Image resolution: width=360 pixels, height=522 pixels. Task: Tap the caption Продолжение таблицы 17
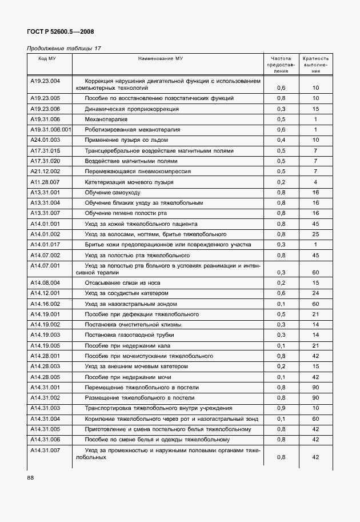click(64, 49)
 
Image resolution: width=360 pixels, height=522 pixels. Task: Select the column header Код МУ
click(47, 58)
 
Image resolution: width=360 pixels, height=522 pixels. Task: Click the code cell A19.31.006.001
click(50, 130)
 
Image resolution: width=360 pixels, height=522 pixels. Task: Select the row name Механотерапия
click(106, 119)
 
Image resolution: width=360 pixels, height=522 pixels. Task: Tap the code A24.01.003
click(45, 140)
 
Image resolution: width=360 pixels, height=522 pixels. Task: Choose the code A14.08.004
click(45, 282)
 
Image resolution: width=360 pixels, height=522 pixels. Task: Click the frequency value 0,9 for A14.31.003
click(281, 408)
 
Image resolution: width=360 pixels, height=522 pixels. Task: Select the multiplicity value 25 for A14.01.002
click(315, 234)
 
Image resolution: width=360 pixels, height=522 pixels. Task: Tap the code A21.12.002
click(45, 172)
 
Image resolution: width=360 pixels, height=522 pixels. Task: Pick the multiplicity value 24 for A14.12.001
click(315, 293)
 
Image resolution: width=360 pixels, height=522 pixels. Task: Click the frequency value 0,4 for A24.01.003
click(281, 140)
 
